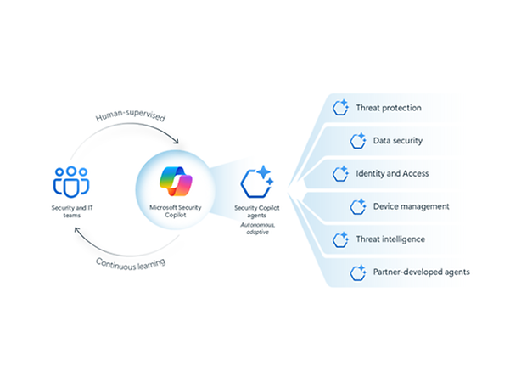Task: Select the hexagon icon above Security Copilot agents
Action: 255,182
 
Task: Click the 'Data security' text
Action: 398,140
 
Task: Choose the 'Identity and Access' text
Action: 392,173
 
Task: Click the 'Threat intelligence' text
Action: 391,239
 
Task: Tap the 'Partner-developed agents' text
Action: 420,272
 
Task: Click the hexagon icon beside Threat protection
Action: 341,108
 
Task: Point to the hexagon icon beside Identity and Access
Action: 341,173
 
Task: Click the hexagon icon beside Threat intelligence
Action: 341,239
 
